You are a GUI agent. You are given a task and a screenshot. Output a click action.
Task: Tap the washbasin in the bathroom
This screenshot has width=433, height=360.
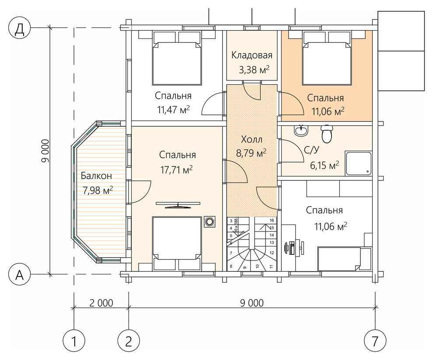coord(301,131)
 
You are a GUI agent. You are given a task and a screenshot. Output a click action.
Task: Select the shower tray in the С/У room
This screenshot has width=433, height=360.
coord(359,163)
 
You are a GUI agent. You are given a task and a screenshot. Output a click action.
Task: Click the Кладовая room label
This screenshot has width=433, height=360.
coord(251,55)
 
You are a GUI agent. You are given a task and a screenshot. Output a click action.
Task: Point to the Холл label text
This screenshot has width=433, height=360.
coord(251,139)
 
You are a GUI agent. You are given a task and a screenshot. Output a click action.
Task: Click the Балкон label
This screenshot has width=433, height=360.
coord(96,176)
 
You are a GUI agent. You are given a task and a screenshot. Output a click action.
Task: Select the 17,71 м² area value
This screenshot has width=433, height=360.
coord(176,170)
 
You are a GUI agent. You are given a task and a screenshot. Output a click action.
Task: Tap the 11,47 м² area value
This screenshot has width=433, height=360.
coord(174,110)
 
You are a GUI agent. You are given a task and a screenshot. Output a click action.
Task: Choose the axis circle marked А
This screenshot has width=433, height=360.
coord(19,274)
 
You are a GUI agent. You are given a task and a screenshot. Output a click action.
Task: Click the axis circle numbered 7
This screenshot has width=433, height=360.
coord(375,342)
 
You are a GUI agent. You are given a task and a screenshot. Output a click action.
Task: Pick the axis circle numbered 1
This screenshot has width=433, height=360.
coord(74,342)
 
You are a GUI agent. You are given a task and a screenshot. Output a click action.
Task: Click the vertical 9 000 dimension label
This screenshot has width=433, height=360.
coord(45,151)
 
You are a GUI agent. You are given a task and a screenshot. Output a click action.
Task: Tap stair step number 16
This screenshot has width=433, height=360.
coord(272,221)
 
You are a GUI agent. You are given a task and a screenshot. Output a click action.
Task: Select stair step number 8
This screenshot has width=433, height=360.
coord(231,267)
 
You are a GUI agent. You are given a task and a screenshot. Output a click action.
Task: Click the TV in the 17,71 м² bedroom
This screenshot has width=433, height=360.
coord(178,204)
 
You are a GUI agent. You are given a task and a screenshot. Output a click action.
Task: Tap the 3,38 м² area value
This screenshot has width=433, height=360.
coord(254,69)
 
